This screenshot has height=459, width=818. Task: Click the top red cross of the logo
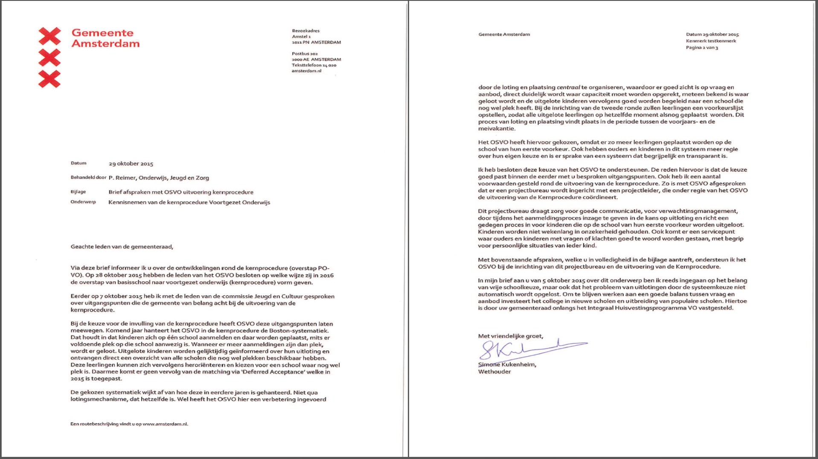49,36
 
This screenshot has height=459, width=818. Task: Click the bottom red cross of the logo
49,79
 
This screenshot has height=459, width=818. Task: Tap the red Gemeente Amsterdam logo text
105,38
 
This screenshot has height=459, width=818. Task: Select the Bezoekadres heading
306,31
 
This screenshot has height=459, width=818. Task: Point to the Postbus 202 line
305,54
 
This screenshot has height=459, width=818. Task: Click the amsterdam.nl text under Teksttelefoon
306,71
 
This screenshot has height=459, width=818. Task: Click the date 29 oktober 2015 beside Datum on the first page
131,164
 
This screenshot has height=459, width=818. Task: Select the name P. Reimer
122,178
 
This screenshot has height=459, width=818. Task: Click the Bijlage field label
78,192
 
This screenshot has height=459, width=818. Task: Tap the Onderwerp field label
83,202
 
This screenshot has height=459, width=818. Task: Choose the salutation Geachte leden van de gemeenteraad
122,247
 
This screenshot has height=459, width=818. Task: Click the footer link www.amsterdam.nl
165,424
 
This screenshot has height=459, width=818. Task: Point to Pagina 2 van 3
702,48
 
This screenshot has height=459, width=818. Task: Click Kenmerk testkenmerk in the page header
711,41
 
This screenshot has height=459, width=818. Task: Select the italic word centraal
568,87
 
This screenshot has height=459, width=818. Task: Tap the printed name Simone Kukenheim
507,365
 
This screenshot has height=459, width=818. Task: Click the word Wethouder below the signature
494,372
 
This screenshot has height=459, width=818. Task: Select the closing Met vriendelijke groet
510,336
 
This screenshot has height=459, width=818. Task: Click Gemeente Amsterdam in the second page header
504,35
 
